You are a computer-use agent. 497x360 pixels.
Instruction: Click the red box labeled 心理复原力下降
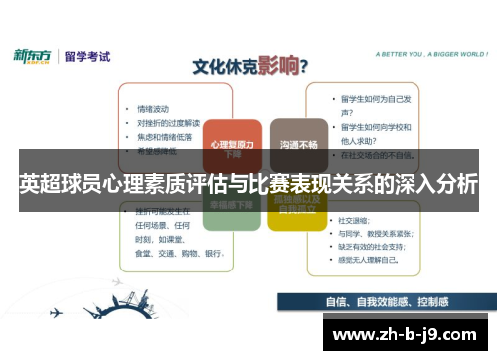point(232,147)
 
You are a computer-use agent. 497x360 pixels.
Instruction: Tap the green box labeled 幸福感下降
point(232,205)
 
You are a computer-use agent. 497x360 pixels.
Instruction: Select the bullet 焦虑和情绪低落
point(165,136)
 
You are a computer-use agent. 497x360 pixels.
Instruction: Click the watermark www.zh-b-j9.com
point(409,332)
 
